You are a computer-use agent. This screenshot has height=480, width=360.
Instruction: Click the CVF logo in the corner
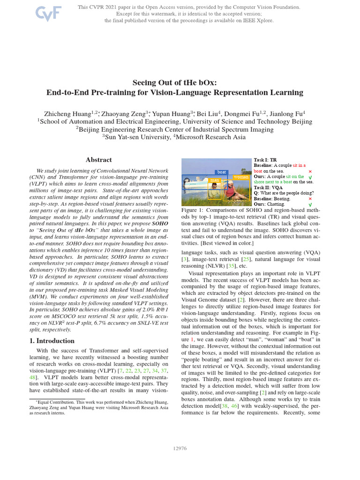[x=49, y=13]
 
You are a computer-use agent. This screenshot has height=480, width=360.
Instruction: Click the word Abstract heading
[x=99, y=160]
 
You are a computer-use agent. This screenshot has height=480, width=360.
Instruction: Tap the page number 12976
[x=180, y=449]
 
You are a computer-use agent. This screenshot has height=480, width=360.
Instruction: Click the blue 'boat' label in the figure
[x=222, y=172]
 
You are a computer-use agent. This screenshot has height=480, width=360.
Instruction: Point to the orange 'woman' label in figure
[x=240, y=177]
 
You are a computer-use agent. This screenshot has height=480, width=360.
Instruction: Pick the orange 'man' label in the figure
[x=215, y=180]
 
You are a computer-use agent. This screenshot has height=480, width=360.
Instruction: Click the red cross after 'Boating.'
[x=310, y=199]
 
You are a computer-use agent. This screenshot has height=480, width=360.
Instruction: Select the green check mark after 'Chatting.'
[x=310, y=205]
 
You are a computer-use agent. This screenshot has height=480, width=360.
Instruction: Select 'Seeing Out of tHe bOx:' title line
[x=174, y=82]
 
